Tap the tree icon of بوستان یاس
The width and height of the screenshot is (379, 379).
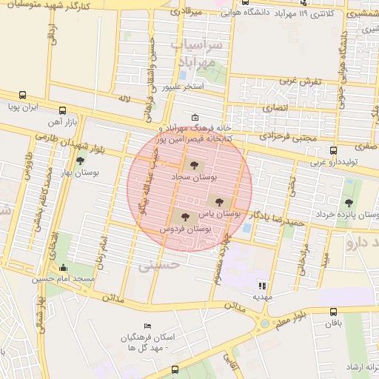pos(218,200)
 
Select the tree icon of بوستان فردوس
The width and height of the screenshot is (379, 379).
pos(184,217)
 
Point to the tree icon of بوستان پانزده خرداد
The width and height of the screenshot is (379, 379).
pos(349,202)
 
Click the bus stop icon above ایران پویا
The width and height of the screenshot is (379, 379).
pos(23,95)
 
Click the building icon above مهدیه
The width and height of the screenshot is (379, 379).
pos(261,285)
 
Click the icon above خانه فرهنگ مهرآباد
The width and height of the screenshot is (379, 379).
pos(195,117)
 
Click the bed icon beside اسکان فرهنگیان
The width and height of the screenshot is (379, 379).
pos(147,326)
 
